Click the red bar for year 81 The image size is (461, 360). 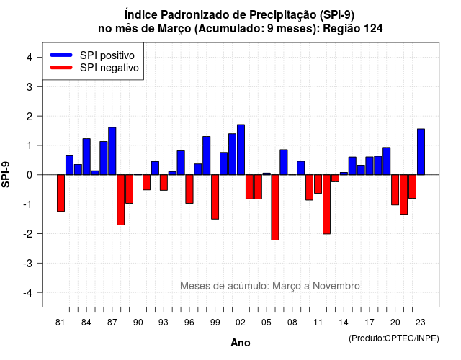61,193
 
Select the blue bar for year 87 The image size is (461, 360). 112,151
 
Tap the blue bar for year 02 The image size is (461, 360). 241,150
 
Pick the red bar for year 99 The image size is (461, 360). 215,197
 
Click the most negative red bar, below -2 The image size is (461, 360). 275,207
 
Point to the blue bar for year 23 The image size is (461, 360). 421,152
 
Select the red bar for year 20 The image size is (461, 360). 395,190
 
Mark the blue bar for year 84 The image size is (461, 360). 86,157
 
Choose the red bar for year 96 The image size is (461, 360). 189,189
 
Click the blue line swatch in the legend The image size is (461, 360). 61,55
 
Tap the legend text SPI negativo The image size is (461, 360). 109,68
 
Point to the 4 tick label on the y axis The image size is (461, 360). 30,58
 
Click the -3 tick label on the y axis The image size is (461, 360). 28,263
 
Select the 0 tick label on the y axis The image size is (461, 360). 30,175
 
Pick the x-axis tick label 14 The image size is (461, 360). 344,323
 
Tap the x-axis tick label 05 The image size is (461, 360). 266,323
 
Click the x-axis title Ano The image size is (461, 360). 241,343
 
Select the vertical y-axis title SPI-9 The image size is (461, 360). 6,174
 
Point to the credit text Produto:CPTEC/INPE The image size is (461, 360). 394,338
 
